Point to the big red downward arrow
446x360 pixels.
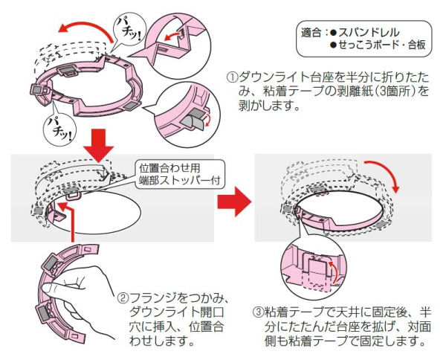point(97,143)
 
